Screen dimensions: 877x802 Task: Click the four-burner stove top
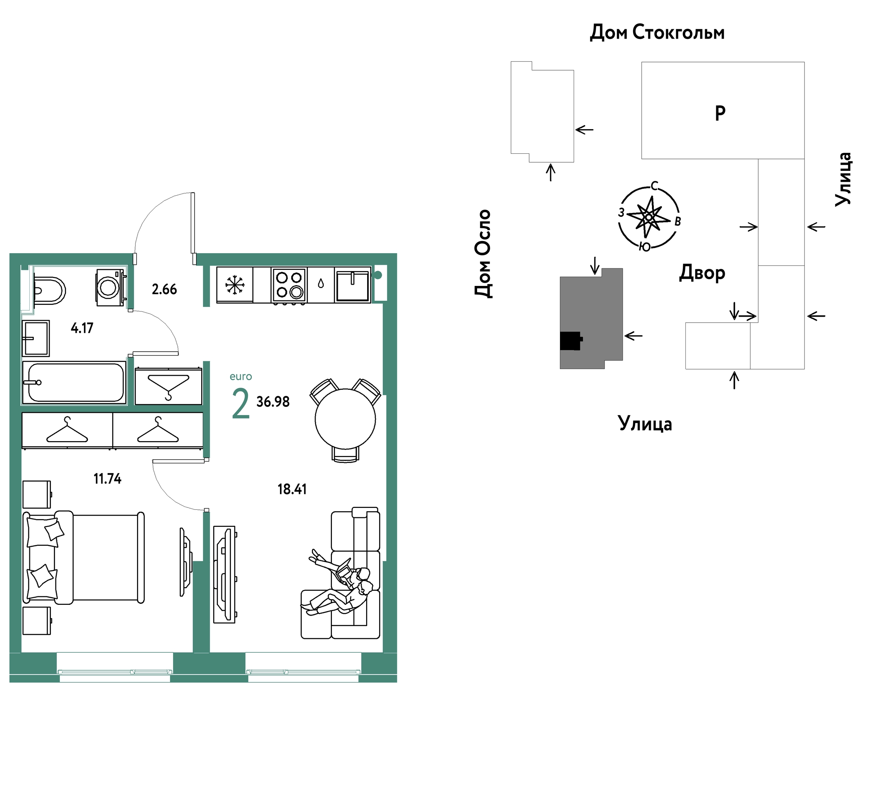point(289,285)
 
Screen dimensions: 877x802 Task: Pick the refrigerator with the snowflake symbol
point(235,285)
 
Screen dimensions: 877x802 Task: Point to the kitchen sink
point(353,285)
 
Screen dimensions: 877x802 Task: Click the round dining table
point(345,419)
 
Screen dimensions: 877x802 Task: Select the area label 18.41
point(292,489)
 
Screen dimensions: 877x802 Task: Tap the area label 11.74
point(107,479)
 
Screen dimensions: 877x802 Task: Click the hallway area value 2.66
point(164,289)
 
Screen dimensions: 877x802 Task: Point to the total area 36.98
point(273,401)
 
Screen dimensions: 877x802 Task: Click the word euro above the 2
point(241,376)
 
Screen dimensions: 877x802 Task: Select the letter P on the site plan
point(720,113)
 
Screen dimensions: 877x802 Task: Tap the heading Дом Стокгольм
point(657,33)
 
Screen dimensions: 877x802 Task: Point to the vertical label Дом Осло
point(483,254)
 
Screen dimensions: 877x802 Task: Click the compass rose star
point(649,217)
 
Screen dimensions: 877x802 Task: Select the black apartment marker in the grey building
point(571,341)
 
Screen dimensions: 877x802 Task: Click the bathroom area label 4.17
point(82,328)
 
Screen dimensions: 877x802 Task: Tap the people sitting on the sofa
point(340,584)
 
